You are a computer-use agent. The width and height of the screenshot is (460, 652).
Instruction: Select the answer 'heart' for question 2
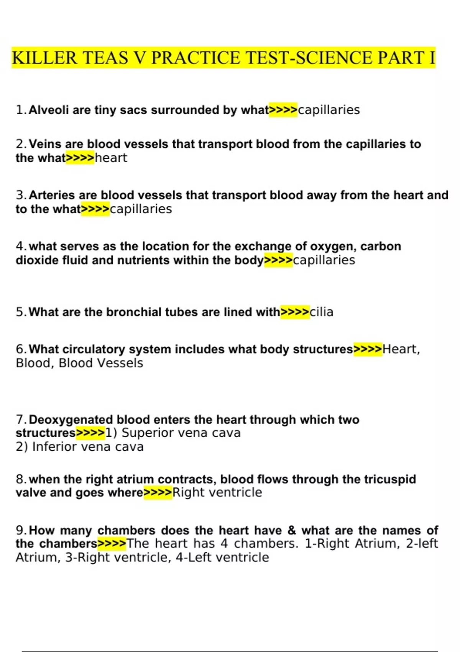point(111,158)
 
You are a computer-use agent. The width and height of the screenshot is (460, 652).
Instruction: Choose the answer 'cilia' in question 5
point(321,312)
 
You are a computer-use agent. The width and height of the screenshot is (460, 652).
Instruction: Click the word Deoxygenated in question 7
point(71,420)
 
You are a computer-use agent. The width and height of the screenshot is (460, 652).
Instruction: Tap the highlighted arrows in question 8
point(158,493)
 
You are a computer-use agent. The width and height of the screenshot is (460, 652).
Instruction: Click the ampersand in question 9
point(292,530)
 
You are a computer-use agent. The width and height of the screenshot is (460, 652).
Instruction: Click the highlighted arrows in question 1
point(283,110)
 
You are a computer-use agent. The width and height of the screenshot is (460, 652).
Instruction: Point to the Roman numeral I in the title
point(432,58)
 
